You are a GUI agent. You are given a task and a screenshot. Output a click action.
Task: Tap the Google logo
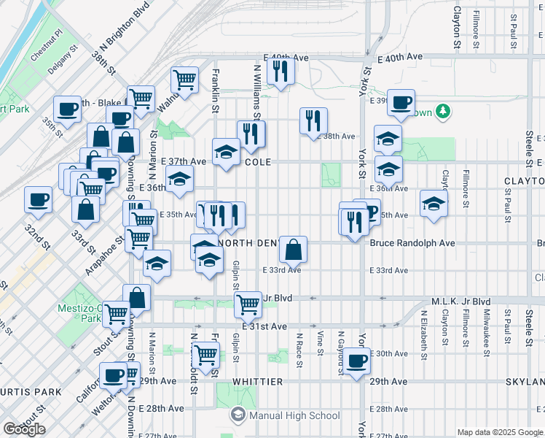click(24, 429)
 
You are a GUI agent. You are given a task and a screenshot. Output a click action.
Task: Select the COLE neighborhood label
click(258, 162)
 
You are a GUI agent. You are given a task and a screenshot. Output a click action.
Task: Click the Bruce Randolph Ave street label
click(412, 243)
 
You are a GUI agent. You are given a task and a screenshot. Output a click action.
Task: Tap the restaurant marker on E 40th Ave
click(280, 71)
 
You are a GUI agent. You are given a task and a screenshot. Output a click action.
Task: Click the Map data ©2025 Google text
click(500, 432)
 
